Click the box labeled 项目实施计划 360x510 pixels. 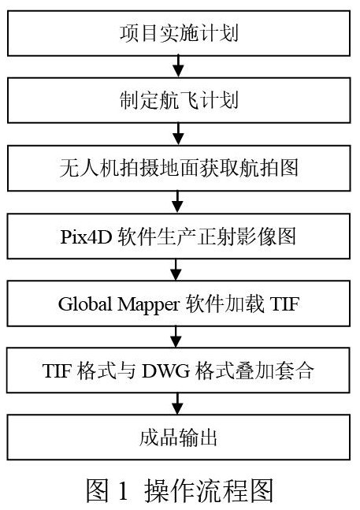(x=179, y=33)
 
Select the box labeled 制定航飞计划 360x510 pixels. (x=179, y=100)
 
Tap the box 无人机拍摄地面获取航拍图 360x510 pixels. (x=179, y=168)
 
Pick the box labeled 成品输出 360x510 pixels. (x=178, y=437)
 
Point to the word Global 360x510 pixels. (x=85, y=303)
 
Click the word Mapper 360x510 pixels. (x=148, y=305)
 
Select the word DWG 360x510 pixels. (x=165, y=370)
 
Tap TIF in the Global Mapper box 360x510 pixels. (x=284, y=303)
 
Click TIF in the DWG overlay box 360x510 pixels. (x=57, y=370)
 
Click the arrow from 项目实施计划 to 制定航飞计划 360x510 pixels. (x=178, y=67)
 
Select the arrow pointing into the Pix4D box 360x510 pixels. (x=177, y=202)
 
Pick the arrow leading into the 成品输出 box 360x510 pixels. (x=177, y=404)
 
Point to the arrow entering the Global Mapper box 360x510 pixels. (x=176, y=270)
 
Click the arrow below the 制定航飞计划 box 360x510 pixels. (x=178, y=134)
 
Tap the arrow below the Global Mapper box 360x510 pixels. (x=176, y=337)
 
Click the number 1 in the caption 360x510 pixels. (x=123, y=490)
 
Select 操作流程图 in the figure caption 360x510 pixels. (x=209, y=490)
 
